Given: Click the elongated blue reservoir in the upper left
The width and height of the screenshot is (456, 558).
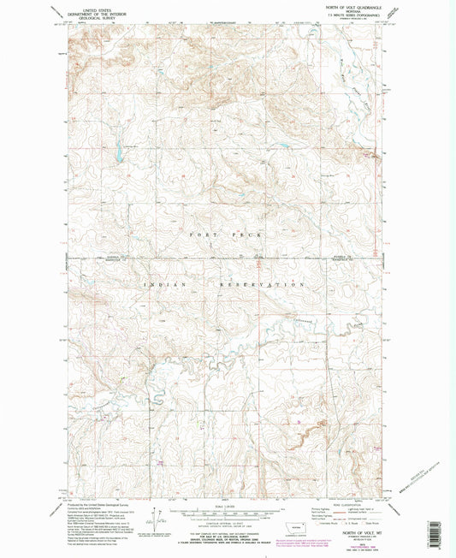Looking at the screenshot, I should click(x=115, y=155).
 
